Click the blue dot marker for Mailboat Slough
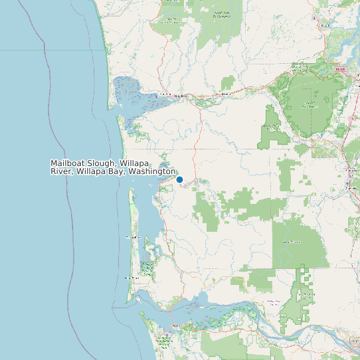coord(179,179)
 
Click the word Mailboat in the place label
coord(69,163)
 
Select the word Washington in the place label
coord(152,171)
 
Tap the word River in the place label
coord(62,171)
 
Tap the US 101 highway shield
coord(340,69)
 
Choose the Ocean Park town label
coord(133,237)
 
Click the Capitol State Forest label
coord(308,104)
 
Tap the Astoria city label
coord(177,325)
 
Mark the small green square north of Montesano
coord(228,83)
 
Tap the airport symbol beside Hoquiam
coord(151,98)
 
